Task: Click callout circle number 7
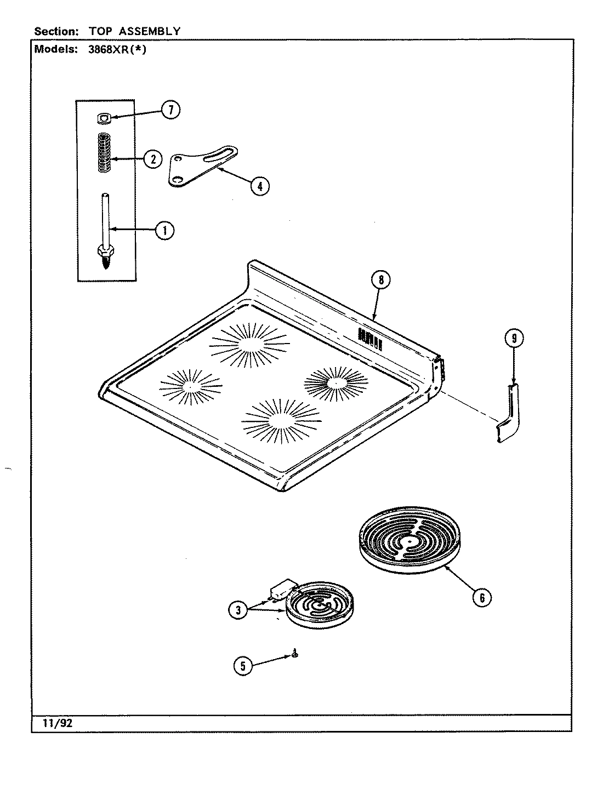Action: (170, 110)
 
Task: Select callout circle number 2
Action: (153, 159)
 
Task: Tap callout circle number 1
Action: (164, 231)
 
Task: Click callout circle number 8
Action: (380, 280)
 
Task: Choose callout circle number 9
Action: (514, 339)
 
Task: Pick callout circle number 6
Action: (481, 598)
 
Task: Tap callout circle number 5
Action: (243, 666)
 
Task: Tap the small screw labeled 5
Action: (295, 653)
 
